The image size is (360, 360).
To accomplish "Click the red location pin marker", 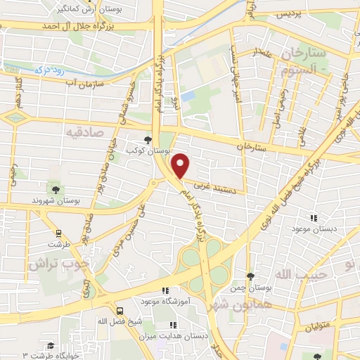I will [x=181, y=165].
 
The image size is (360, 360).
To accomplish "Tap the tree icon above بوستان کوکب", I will [x=147, y=139].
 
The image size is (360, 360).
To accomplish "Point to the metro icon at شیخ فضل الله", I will [x=119, y=310].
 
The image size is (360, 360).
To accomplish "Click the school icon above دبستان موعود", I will [x=314, y=218].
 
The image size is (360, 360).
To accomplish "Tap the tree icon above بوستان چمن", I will [x=251, y=276].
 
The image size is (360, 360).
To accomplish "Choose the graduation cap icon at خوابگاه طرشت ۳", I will [x=50, y=345].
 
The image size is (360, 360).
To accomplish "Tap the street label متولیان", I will [x=317, y=327].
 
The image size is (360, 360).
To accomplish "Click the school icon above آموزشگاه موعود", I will [x=165, y=290].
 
